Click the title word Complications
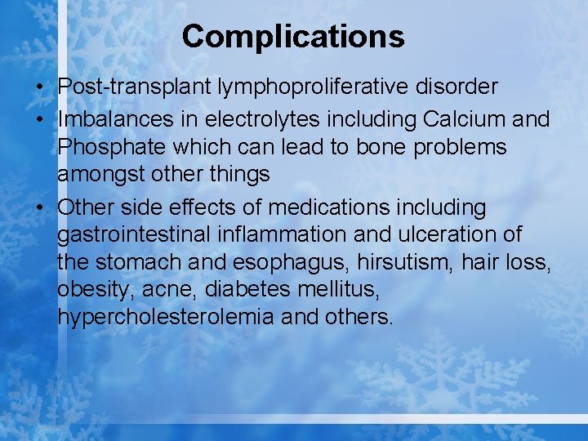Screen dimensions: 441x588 pyautogui.click(x=293, y=36)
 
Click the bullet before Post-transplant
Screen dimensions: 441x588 pyautogui.click(x=42, y=87)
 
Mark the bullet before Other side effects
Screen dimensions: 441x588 pyautogui.click(x=42, y=208)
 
